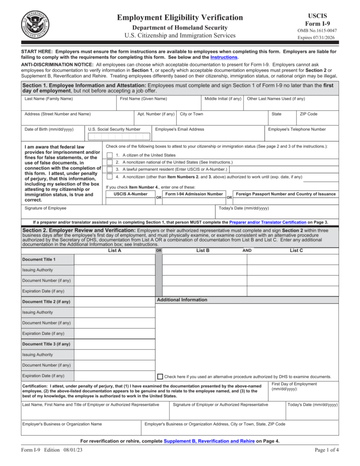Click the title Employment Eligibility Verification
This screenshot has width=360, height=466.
point(180,18)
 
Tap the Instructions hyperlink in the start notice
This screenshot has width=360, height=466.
point(224,57)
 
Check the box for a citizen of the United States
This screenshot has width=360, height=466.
point(110,155)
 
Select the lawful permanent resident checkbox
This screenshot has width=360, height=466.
point(110,169)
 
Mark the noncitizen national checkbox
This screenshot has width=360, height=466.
point(110,162)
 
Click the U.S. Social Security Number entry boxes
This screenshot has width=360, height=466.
point(119,137)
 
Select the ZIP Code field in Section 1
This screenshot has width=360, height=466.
point(316,120)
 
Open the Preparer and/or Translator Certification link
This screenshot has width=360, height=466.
point(267,222)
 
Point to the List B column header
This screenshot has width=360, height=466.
point(202,251)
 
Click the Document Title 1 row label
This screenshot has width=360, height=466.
point(38,259)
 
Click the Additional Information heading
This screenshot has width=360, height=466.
point(182,300)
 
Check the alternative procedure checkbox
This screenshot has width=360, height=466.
point(160,376)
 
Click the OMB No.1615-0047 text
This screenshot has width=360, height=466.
point(316,31)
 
